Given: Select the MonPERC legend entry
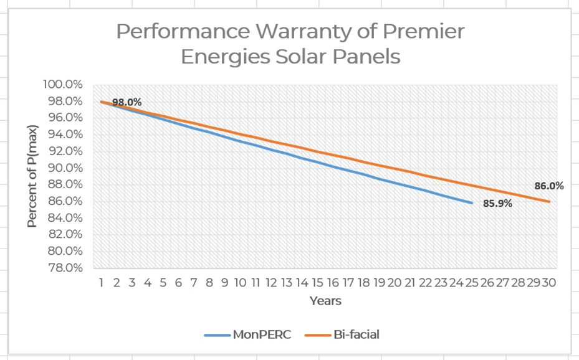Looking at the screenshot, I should [247, 334].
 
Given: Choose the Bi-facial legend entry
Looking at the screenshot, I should [342, 334].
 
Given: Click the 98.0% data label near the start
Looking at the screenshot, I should [127, 102].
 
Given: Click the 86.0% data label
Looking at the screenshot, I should [548, 186].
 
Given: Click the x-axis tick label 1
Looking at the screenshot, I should [101, 282].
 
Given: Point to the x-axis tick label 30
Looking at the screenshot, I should [548, 282].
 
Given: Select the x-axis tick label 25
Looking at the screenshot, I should [472, 282].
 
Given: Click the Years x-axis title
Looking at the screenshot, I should [325, 301].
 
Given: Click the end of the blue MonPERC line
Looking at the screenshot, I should [472, 203].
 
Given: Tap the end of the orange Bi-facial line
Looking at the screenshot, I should [549, 201].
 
